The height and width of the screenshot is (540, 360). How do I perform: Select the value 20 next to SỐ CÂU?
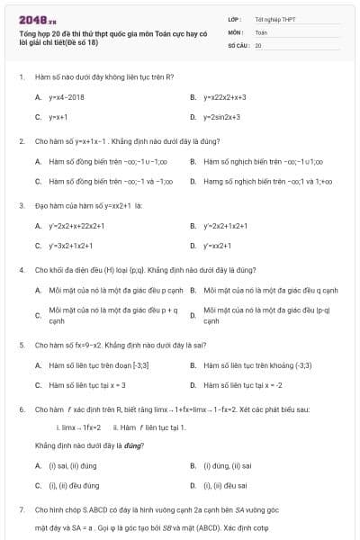point(258,44)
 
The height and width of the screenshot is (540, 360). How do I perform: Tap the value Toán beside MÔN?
point(261,31)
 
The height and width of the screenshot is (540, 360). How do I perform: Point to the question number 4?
point(21,269)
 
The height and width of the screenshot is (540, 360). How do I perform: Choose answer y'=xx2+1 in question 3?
point(217,245)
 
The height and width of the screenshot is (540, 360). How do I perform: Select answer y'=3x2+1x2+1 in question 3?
point(69,245)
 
